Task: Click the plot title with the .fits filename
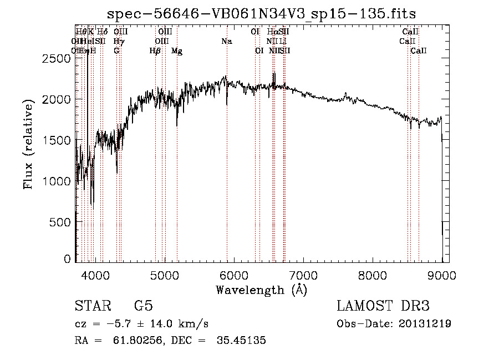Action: point(262,13)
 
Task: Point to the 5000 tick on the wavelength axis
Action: point(164,273)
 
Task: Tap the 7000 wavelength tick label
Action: point(303,273)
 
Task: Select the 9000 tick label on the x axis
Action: point(442,273)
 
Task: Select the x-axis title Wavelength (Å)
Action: point(261,290)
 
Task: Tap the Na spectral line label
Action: point(226,42)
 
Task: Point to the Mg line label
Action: point(177,51)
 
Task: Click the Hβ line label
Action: point(155,51)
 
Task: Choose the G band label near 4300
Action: point(116,51)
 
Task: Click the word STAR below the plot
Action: point(92,306)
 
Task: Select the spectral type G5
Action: point(144,306)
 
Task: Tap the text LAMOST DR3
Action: point(383,306)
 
